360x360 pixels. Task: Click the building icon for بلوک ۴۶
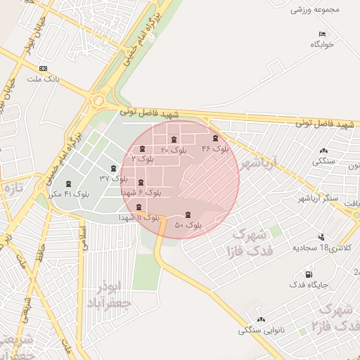[x=215, y=139]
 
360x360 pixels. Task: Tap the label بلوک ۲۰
[x=174, y=150]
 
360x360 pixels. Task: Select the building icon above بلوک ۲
[x=143, y=149]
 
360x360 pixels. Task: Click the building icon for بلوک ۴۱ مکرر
[x=68, y=184]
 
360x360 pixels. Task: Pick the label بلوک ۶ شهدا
[x=141, y=192]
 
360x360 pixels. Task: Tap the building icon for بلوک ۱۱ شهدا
[x=138, y=207]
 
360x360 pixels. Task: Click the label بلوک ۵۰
[x=188, y=225]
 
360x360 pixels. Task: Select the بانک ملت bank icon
[x=44, y=69]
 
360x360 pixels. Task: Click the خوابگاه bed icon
[x=323, y=34]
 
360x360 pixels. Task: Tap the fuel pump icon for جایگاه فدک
[x=307, y=274]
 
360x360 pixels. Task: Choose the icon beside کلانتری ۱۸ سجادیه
[x=321, y=237]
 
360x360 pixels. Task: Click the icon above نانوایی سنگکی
[x=261, y=320]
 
